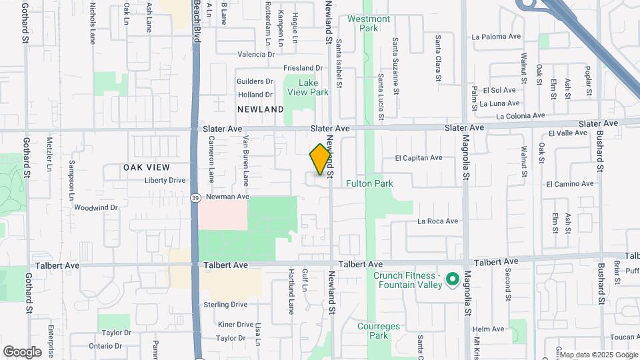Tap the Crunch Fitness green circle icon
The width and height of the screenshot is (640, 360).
(x=451, y=279)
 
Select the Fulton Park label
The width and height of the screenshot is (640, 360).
(x=369, y=183)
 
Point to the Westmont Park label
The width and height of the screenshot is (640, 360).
(x=368, y=23)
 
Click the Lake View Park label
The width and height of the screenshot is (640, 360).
(x=307, y=87)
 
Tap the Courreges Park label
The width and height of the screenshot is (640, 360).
(x=378, y=331)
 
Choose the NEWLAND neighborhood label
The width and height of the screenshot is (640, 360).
(x=260, y=109)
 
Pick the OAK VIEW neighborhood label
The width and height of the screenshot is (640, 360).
(x=147, y=167)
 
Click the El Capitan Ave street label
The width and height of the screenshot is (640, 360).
(x=419, y=158)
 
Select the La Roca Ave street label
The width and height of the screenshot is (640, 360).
(x=438, y=221)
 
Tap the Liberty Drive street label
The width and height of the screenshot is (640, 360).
(x=164, y=180)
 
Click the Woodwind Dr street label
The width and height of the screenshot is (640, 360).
(x=96, y=207)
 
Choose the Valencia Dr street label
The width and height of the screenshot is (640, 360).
(x=256, y=55)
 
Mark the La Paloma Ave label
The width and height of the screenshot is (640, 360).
(x=495, y=37)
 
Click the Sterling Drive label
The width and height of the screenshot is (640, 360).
(x=225, y=305)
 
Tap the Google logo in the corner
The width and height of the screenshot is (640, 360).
(x=22, y=351)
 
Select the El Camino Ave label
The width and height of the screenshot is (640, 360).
(x=569, y=183)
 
